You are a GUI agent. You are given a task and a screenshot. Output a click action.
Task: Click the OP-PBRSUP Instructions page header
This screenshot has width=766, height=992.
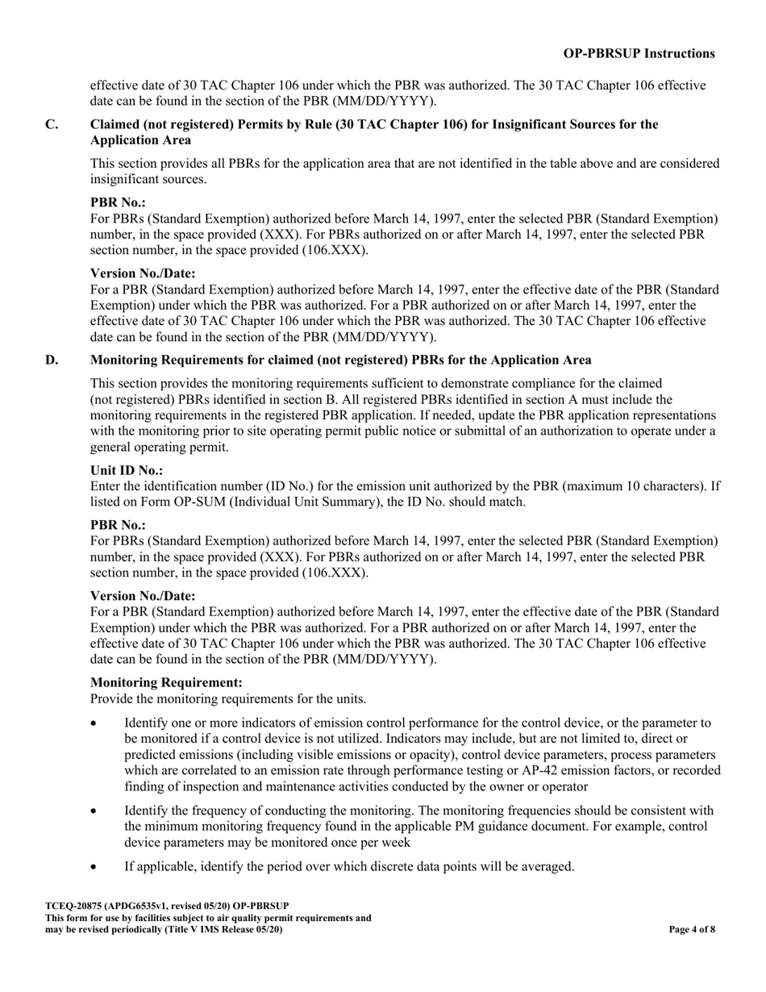[x=639, y=54]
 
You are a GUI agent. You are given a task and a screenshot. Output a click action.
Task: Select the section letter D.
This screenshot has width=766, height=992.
[x=52, y=360]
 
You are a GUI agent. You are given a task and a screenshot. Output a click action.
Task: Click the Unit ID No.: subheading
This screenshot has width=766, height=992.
[x=127, y=470]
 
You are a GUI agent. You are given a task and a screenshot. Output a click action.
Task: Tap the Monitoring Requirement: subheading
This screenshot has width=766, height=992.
[x=166, y=682]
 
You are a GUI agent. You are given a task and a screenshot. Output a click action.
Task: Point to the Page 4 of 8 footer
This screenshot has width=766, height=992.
[x=692, y=929]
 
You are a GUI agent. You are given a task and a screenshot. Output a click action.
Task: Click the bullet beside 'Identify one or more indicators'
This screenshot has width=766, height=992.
[x=95, y=723]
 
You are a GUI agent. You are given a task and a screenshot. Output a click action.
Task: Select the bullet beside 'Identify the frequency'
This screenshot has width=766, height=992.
[x=95, y=811]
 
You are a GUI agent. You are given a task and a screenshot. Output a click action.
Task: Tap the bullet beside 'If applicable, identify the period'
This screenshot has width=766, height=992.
[x=95, y=867]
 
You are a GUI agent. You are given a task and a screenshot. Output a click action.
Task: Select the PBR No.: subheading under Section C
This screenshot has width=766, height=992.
[x=118, y=202]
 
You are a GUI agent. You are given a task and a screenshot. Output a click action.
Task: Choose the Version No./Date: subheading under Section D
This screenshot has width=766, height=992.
[x=143, y=596]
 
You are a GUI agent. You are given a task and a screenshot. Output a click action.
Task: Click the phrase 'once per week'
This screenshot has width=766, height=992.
[x=372, y=842]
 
